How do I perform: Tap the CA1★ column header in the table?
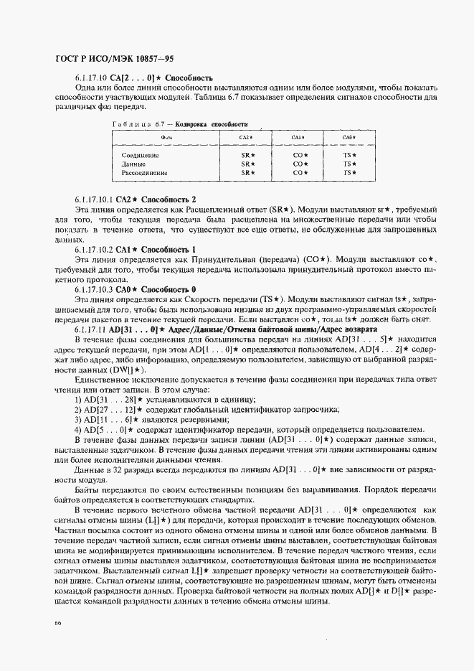click(299, 137)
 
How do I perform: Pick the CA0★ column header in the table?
click(349, 137)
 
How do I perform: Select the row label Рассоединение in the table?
click(144, 173)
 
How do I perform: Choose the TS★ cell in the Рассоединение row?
click(349, 173)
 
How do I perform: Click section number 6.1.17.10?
click(90, 77)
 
